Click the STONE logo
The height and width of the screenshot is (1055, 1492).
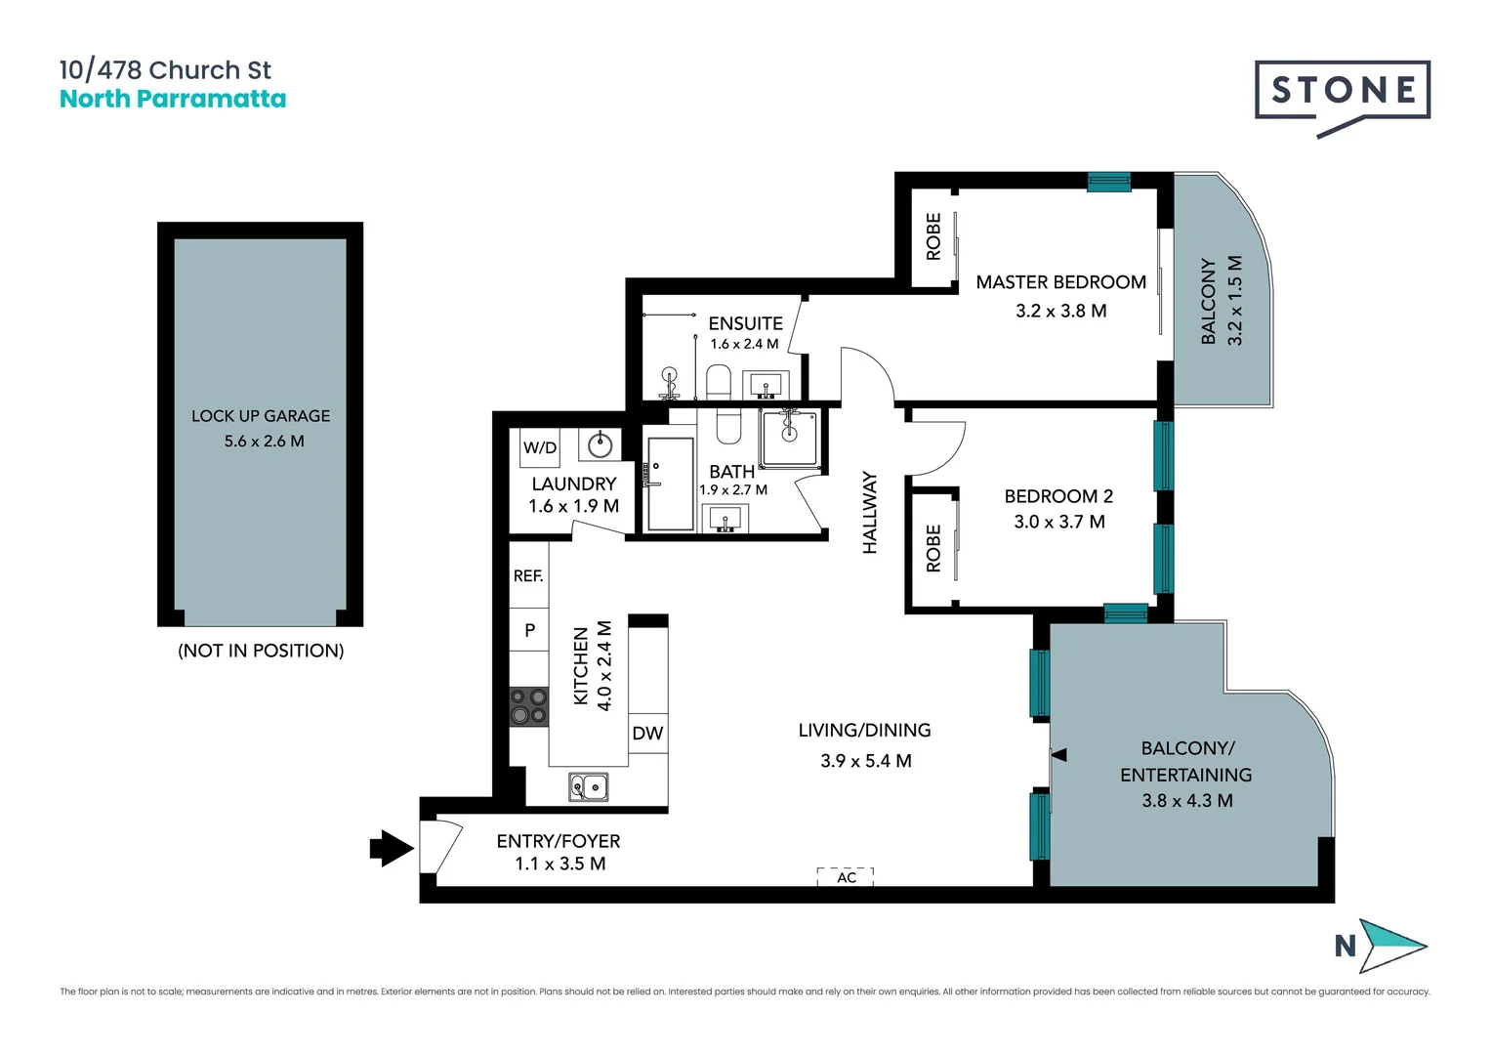(1343, 92)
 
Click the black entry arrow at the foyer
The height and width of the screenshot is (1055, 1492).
(392, 847)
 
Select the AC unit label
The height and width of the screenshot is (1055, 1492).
(846, 877)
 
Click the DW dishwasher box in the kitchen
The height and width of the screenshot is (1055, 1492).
(647, 734)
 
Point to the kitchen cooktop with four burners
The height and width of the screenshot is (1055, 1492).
(528, 706)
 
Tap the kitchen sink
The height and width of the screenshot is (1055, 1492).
(589, 786)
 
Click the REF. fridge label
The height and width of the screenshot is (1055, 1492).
(528, 576)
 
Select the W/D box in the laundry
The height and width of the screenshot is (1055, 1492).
(540, 448)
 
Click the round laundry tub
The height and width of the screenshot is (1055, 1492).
(600, 445)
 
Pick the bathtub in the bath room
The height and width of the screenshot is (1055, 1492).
(670, 484)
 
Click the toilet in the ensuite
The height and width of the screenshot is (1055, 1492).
(719, 381)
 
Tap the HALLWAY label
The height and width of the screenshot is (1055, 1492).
(870, 513)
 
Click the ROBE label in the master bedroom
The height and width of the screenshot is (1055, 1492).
(933, 236)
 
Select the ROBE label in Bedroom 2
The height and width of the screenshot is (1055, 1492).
(933, 548)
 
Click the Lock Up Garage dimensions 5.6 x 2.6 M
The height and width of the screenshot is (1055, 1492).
(264, 442)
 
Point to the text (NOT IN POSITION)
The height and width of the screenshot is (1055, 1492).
(261, 651)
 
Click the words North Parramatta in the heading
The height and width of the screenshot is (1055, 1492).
(173, 100)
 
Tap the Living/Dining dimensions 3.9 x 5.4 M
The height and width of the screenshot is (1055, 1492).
(866, 761)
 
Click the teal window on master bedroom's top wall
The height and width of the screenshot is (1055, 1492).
(1109, 182)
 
